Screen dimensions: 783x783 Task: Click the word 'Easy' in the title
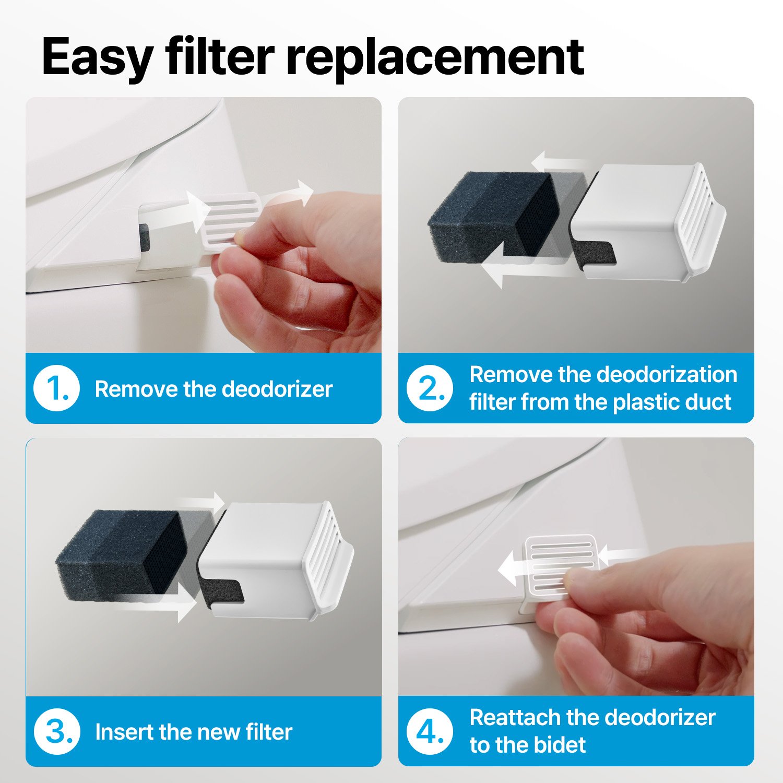click(98, 57)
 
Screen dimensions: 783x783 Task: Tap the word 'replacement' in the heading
click(435, 57)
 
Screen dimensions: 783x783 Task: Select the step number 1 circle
click(56, 388)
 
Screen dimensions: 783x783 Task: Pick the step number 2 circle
click(430, 388)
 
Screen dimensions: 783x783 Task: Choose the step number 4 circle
click(430, 731)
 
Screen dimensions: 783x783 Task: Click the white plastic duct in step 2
click(647, 222)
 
